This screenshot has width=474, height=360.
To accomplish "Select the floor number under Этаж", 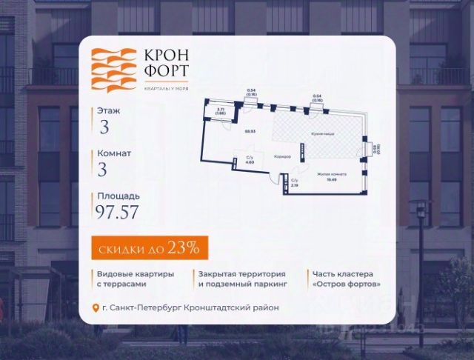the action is [104, 126].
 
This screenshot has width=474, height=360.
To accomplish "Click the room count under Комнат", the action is [103, 169].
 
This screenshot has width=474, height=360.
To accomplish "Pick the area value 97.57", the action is [116, 212].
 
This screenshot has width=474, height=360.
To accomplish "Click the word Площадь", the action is [116, 196].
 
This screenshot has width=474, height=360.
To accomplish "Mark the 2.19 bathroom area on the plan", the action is [294, 185].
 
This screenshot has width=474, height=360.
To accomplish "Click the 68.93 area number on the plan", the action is [250, 130].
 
